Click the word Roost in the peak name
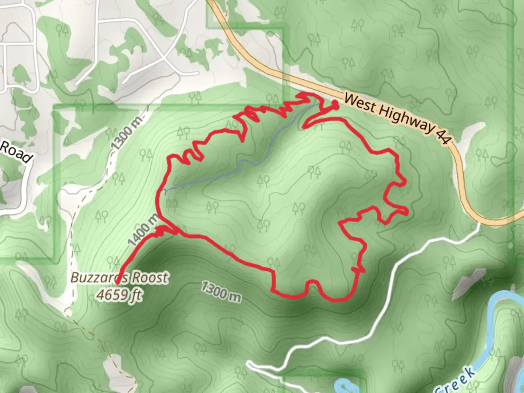(x=150, y=278)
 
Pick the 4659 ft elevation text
(x=119, y=294)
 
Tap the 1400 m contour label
(x=143, y=230)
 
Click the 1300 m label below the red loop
(x=221, y=291)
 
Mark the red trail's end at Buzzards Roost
(x=118, y=282)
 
